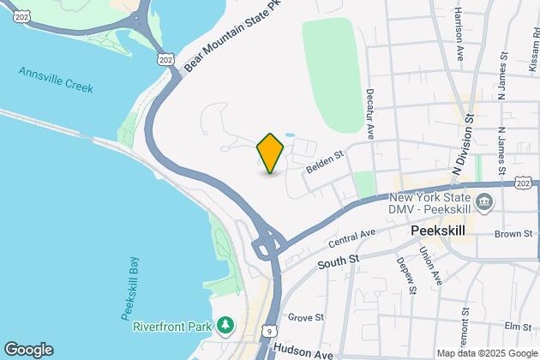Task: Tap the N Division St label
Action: point(468,147)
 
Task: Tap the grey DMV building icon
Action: point(486,203)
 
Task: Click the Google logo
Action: point(28,349)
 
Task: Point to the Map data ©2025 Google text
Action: point(486,353)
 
